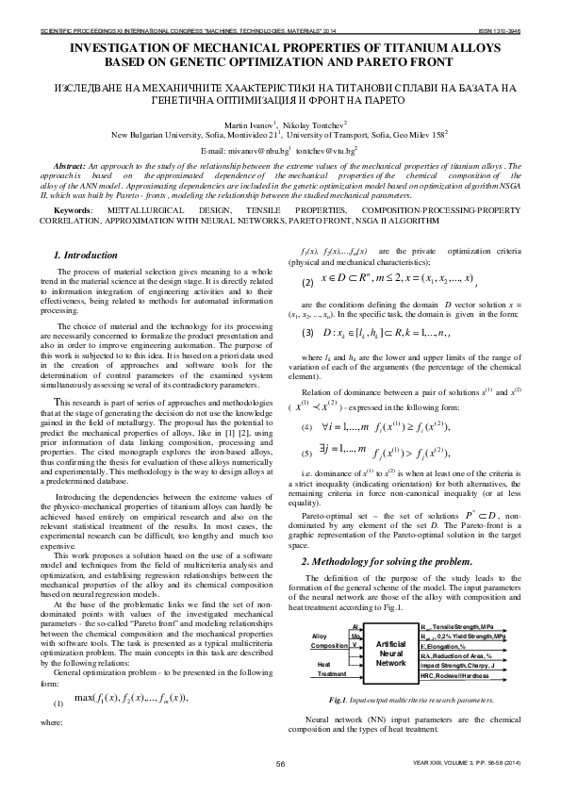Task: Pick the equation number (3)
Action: coord(307,333)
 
